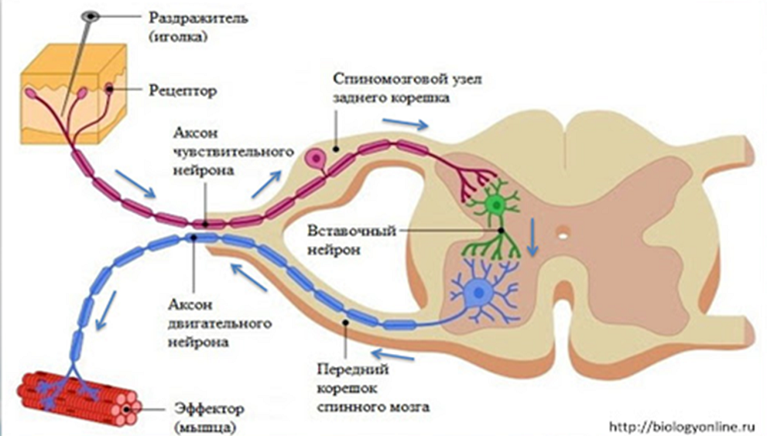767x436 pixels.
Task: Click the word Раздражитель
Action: coord(198,18)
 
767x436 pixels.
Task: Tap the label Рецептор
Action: coord(183,90)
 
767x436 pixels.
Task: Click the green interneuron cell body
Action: coord(496,205)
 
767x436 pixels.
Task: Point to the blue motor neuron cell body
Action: coord(479,293)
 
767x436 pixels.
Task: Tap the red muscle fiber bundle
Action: coord(78,395)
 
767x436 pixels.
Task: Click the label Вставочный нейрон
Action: coord(351,240)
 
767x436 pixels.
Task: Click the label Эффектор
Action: coord(209,408)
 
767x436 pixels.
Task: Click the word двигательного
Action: coord(219,323)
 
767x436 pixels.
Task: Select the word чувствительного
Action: coord(234,152)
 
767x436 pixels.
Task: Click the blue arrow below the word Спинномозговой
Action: coord(405,123)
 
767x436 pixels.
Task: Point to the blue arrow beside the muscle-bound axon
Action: coord(106,310)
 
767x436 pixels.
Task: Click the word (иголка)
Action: coord(178,37)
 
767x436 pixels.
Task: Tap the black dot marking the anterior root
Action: coord(346,322)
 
